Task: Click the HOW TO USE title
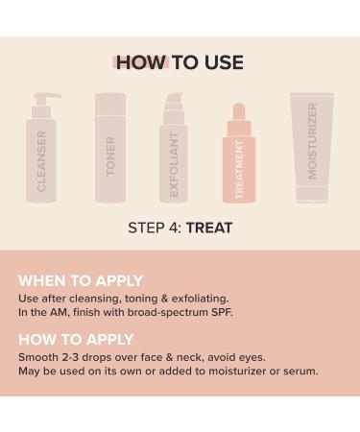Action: (x=180, y=63)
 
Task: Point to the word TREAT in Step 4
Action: (x=209, y=228)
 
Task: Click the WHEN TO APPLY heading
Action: (x=81, y=280)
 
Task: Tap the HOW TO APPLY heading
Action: (x=76, y=339)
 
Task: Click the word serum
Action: (x=299, y=371)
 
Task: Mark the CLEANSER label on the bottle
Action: (x=41, y=160)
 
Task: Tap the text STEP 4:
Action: (x=155, y=228)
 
